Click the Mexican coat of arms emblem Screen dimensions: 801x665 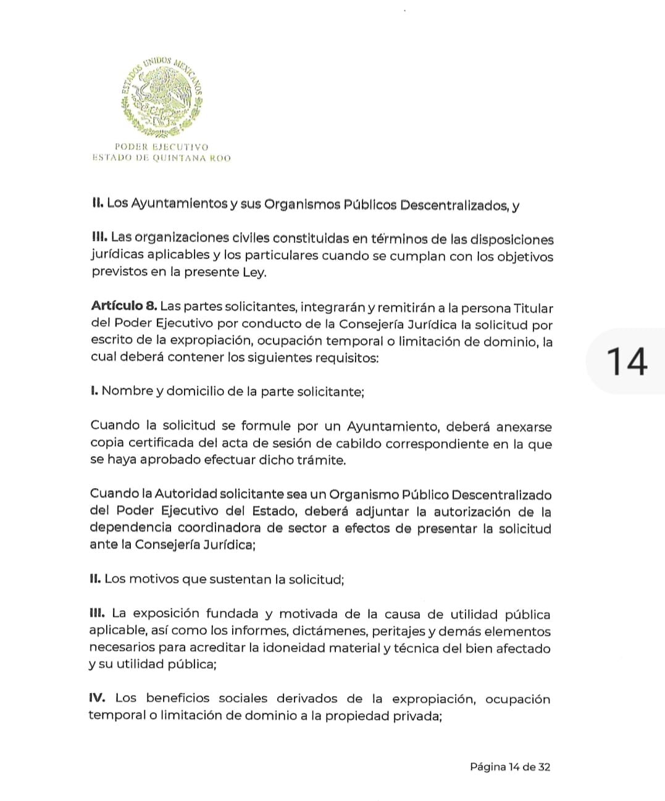162,96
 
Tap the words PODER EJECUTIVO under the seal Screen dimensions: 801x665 162,147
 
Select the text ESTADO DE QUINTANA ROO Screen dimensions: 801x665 161,158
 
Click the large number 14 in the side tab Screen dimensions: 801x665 627,362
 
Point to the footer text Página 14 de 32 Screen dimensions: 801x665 509,767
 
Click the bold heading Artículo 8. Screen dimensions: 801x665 124,306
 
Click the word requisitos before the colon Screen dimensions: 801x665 345,358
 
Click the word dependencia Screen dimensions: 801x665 130,528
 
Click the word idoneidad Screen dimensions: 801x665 294,649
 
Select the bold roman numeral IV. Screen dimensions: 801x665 98,699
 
